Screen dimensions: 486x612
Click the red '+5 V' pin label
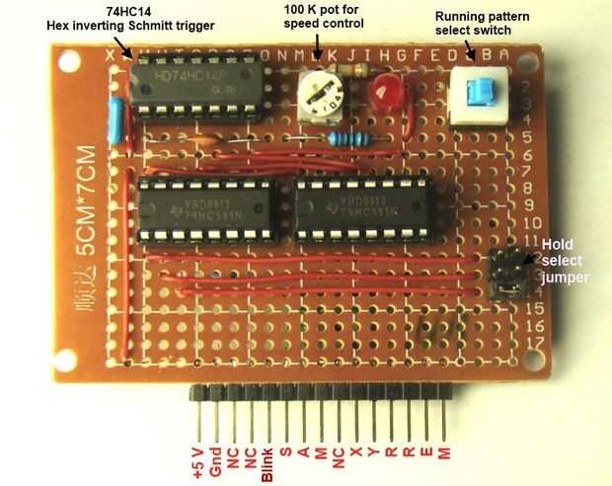click(x=197, y=460)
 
